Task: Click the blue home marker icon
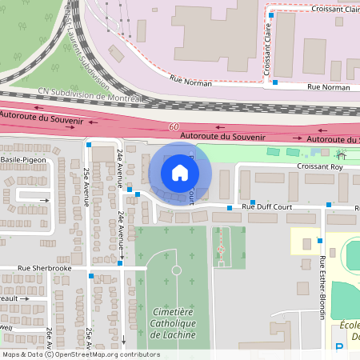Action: click(x=180, y=173)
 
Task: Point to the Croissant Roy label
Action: click(x=320, y=168)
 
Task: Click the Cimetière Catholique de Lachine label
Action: click(x=176, y=322)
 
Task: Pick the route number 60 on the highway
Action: click(x=174, y=127)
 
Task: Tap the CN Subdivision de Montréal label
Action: click(x=88, y=96)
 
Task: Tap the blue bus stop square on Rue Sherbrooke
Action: click(x=90, y=276)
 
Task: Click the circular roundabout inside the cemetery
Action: click(x=176, y=270)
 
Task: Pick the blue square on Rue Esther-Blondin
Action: click(x=319, y=240)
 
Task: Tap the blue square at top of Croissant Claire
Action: click(x=271, y=14)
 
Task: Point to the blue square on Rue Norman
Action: click(x=275, y=82)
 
